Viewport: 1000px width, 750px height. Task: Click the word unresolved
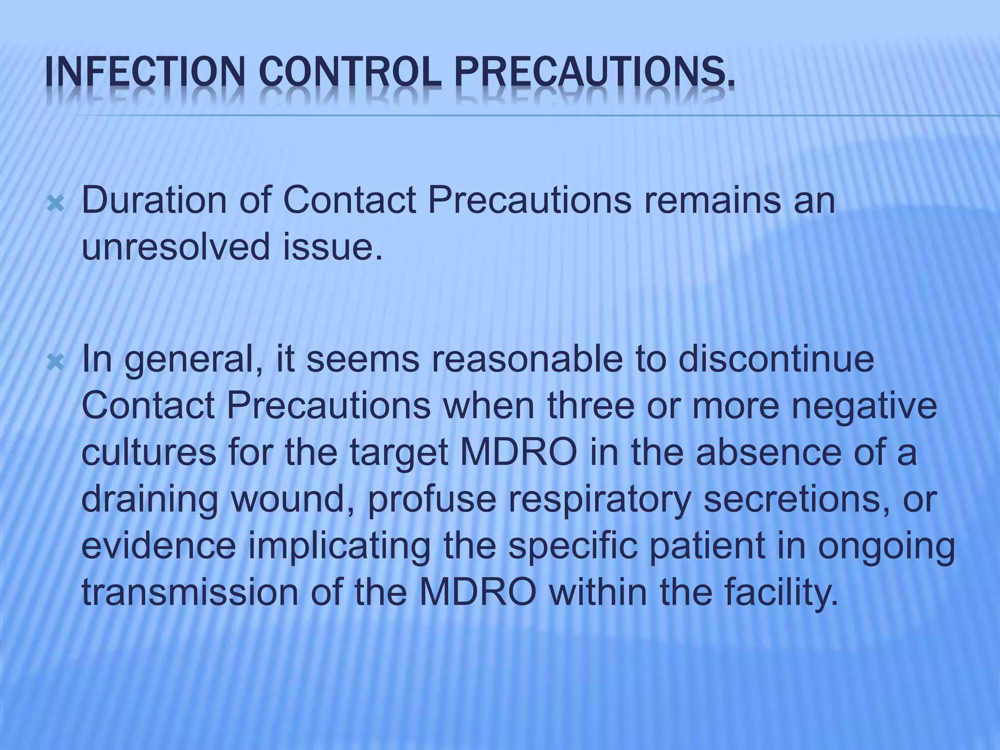(x=176, y=247)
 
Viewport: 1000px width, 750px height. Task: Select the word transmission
(x=189, y=592)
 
